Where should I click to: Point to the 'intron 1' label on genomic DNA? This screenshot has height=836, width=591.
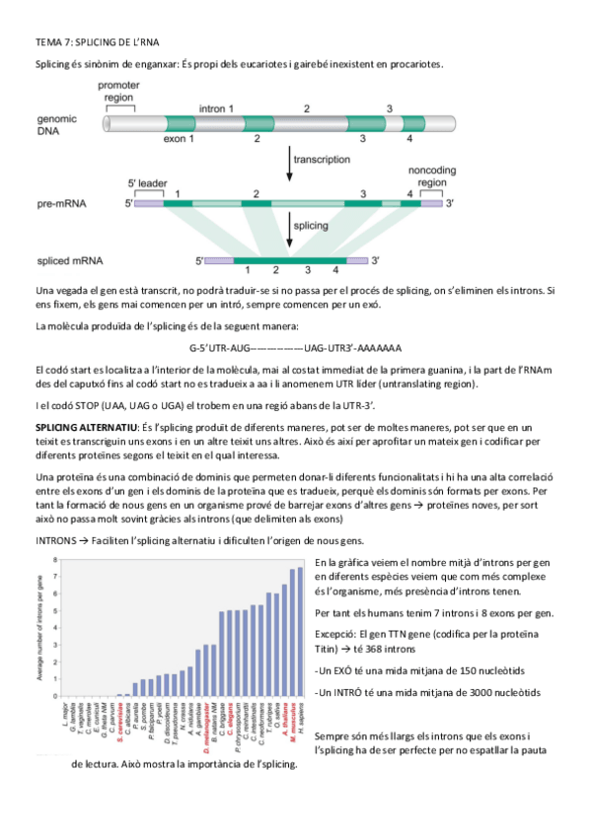[x=216, y=106]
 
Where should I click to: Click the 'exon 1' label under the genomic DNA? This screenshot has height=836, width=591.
[x=179, y=140]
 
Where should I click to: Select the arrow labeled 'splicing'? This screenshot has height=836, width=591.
[x=289, y=233]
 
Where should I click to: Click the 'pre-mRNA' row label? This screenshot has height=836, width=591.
[x=62, y=203]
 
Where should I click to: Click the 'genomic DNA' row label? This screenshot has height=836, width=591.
[x=59, y=123]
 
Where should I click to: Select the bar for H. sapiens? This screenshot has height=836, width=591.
[x=300, y=632]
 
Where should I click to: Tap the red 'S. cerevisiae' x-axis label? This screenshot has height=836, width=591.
[x=118, y=725]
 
